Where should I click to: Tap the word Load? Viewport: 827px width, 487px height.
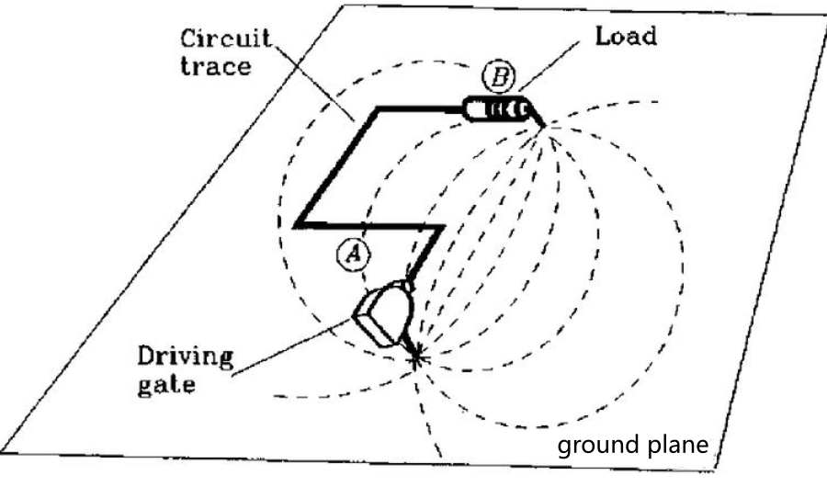(626, 37)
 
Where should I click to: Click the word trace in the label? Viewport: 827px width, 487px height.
(215, 68)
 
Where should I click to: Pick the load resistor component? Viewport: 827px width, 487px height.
(496, 110)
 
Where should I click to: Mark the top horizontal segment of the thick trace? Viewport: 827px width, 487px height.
(418, 108)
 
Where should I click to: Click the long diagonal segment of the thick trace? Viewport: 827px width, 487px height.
(336, 166)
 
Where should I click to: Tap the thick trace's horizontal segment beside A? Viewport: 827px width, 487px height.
(368, 224)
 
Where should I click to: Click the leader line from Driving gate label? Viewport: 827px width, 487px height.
(285, 345)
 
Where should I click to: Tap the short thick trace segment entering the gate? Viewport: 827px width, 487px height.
(426, 252)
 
